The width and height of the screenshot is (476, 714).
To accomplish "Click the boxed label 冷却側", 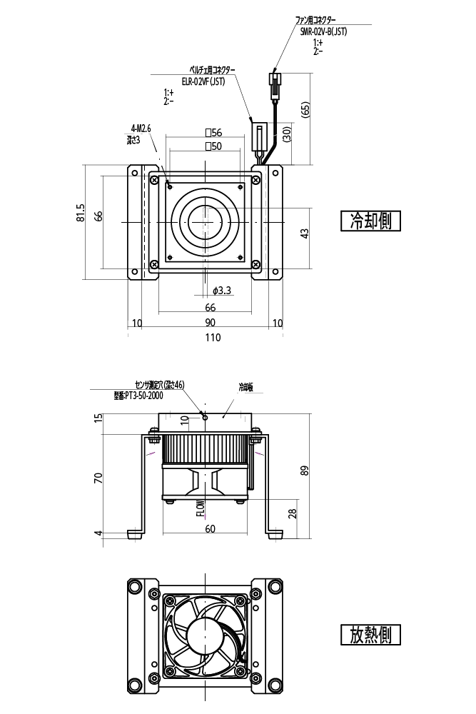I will (x=370, y=221).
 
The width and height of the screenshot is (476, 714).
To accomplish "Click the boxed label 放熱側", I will (x=370, y=634).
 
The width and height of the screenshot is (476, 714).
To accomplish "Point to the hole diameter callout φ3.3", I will (x=222, y=291).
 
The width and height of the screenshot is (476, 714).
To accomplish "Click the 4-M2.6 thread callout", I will (x=141, y=129).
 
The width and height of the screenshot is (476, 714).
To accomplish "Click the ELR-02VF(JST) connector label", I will (x=203, y=81).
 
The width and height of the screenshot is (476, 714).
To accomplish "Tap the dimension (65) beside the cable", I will (x=305, y=111).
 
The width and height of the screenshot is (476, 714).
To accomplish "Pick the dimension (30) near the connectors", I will (x=285, y=134).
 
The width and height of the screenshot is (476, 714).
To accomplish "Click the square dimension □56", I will (x=213, y=133).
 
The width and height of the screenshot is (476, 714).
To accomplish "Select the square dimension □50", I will (x=213, y=146).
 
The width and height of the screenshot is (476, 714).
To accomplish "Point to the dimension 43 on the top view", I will (x=305, y=233).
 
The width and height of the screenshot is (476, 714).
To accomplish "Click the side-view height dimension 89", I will (x=305, y=470).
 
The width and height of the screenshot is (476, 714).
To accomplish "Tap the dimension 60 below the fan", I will (x=210, y=529).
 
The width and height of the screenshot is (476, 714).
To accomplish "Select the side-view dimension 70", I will (x=98, y=476).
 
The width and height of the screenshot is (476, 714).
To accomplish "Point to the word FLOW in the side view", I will (x=201, y=508).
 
